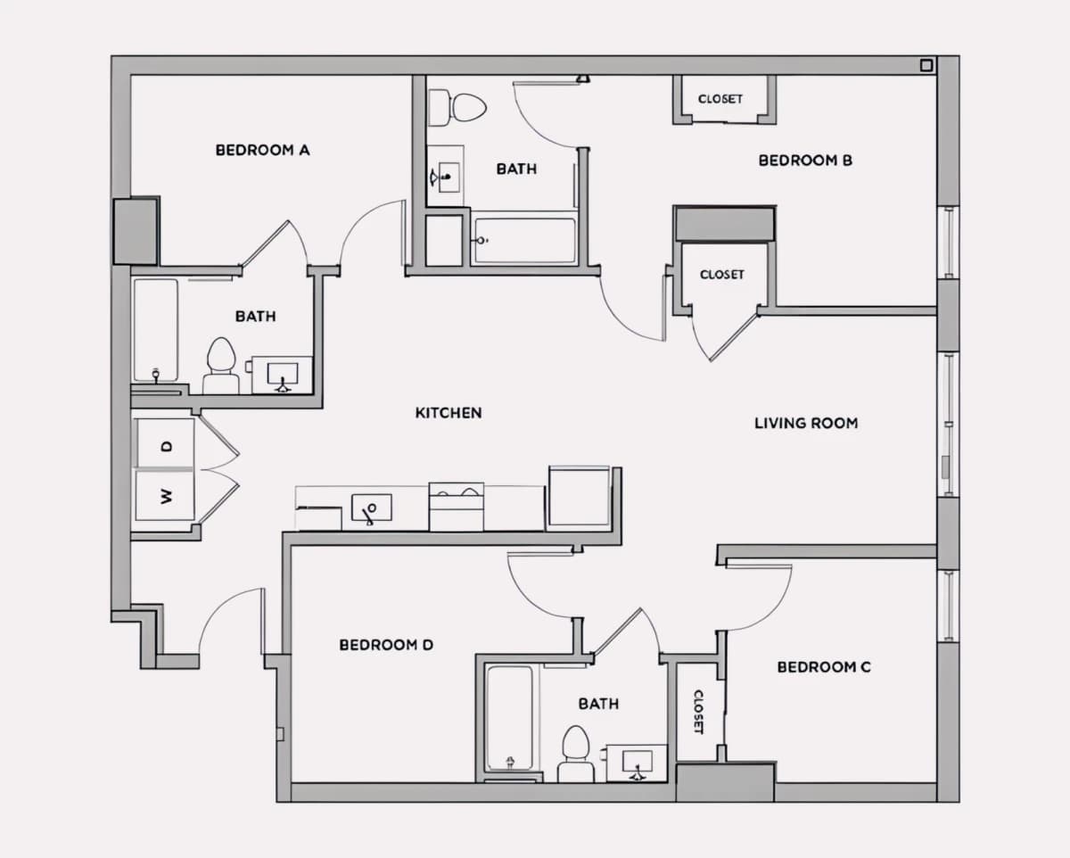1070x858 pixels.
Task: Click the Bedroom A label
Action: click(x=262, y=150)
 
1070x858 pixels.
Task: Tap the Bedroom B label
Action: click(x=805, y=161)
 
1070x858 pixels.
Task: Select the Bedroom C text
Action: click(x=824, y=667)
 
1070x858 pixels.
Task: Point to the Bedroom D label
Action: click(x=386, y=645)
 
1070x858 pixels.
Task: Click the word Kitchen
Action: click(x=449, y=413)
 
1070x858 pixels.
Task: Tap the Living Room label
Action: click(x=806, y=424)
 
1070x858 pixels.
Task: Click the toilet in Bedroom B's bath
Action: click(x=457, y=107)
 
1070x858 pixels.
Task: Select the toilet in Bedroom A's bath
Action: click(x=221, y=366)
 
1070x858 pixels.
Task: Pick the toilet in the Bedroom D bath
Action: click(x=576, y=754)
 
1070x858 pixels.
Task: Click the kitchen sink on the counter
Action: click(x=372, y=507)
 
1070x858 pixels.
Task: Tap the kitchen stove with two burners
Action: click(x=457, y=507)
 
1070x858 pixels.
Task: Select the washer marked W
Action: click(x=165, y=496)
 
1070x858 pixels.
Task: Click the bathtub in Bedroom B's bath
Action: click(x=524, y=240)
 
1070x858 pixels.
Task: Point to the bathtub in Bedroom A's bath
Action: click(x=156, y=330)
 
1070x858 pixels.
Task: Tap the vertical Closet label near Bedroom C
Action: click(x=698, y=712)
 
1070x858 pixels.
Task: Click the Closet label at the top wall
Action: click(x=720, y=99)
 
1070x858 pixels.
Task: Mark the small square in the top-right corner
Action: click(x=926, y=65)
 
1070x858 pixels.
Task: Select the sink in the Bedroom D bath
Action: click(x=637, y=763)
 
